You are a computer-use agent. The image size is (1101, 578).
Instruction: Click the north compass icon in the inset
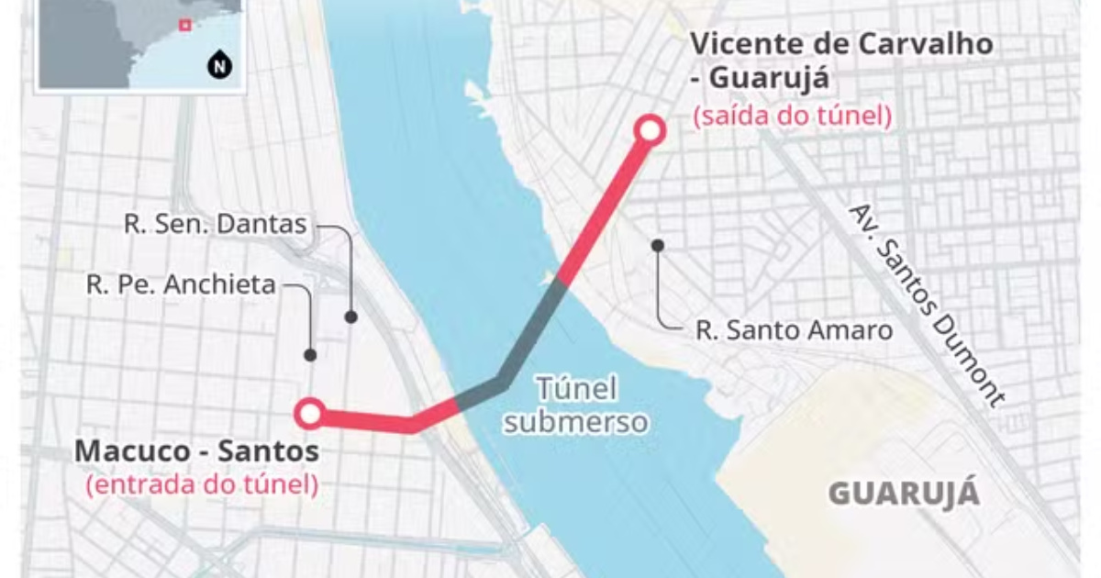coord(218,66)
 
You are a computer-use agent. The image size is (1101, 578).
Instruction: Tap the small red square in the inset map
coord(184,26)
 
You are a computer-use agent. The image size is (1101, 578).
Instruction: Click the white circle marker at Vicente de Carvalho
coord(651,130)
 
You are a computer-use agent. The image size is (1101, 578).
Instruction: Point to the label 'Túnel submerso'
coord(576,405)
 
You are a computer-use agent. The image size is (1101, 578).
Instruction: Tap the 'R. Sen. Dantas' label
coord(216,225)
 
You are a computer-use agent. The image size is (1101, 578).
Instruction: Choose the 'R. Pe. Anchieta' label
coord(181,285)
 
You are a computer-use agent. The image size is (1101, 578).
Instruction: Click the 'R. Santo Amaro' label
coord(794,330)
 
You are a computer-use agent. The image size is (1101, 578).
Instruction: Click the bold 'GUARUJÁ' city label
coord(904,494)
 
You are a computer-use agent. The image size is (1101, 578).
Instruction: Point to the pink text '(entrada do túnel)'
coord(202,484)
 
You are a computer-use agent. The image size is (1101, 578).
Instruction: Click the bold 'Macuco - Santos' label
coord(197,451)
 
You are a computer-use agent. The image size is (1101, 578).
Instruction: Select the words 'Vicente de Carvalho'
coord(840,45)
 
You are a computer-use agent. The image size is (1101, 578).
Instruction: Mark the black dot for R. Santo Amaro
coord(658,245)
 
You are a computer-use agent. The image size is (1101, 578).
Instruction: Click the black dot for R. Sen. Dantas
coord(350,317)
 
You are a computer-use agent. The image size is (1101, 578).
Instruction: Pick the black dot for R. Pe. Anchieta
coord(311,354)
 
